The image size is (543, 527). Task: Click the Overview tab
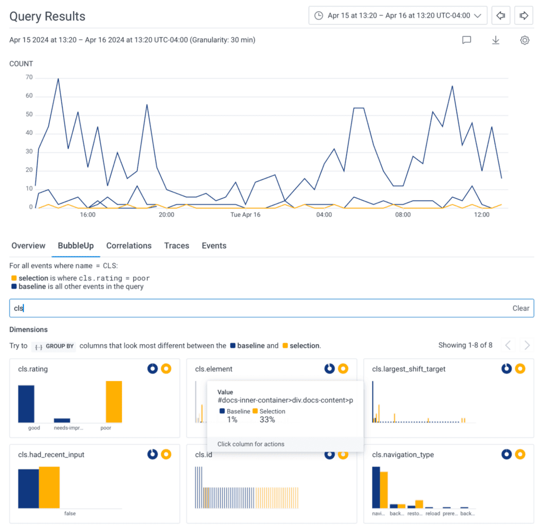point(28,245)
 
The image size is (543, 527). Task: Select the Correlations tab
point(129,245)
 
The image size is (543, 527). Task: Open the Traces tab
point(177,245)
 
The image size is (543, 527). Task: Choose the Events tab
point(214,245)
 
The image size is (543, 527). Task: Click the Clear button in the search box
point(521,308)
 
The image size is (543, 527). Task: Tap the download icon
point(496,40)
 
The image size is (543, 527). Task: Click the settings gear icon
point(524,40)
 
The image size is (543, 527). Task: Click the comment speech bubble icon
point(467,40)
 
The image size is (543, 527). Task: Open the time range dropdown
point(398,15)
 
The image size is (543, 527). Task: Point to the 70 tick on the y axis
point(29,77)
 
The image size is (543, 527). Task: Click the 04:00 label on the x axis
point(324,215)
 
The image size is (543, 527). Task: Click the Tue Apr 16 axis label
point(246,215)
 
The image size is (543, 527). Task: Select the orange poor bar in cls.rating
point(114,401)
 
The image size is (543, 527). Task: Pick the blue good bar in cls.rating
point(26,403)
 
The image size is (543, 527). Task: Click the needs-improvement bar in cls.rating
point(62,420)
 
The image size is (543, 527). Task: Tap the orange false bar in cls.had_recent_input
point(49,487)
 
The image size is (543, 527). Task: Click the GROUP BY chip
point(54,346)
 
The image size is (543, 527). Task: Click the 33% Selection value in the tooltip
point(267,419)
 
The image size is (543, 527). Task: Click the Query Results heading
point(47,16)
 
